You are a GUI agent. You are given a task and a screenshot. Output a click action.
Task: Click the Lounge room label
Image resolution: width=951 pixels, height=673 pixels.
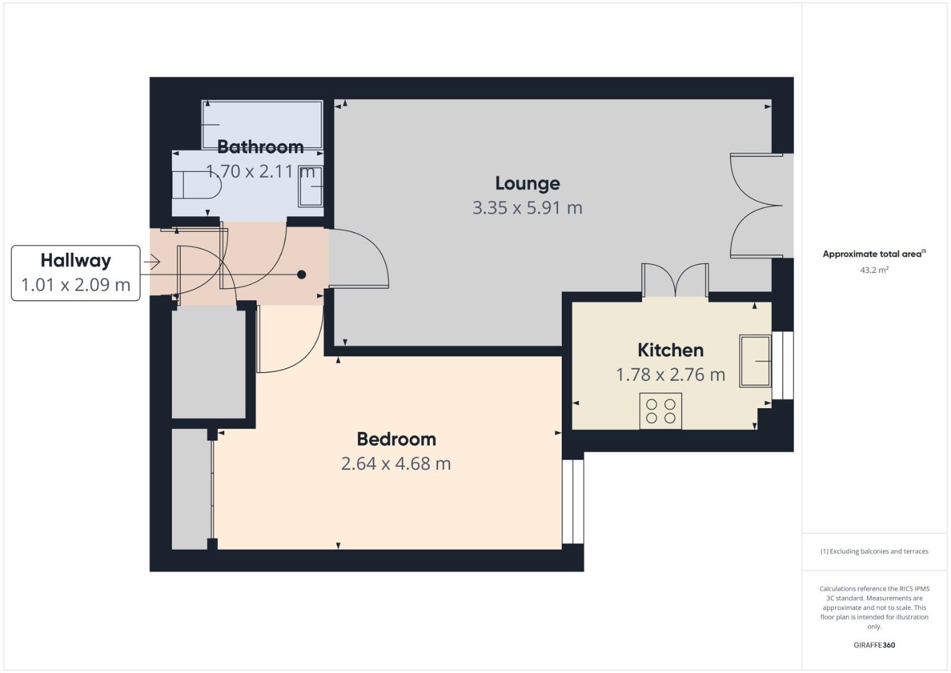click(528, 183)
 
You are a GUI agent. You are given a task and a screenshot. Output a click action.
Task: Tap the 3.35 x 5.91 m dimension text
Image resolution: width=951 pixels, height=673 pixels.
click(528, 208)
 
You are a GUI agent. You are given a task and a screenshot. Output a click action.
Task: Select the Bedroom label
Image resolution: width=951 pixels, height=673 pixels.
click(396, 439)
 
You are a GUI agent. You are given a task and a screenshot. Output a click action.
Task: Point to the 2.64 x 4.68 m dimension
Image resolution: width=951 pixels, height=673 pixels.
click(396, 464)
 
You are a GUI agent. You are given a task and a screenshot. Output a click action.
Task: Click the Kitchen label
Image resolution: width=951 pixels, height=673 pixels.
click(670, 350)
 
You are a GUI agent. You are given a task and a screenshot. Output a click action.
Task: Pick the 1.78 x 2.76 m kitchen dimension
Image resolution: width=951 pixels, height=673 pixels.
click(670, 375)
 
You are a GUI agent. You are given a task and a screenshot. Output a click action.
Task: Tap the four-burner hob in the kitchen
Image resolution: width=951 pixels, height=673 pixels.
click(661, 411)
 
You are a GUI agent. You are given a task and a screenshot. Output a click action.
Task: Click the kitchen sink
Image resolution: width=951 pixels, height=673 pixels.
click(755, 361)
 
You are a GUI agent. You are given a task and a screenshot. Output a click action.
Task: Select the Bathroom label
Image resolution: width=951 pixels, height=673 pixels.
click(260, 147)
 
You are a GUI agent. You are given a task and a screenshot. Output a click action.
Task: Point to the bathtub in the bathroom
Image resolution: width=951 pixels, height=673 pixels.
click(262, 125)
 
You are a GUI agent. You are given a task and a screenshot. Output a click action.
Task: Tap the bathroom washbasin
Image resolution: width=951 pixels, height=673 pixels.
click(311, 186)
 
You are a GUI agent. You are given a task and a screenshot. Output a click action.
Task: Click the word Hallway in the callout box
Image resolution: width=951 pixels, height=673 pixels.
click(76, 260)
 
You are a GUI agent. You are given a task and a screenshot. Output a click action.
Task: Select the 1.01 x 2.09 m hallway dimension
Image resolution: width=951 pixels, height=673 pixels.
click(76, 285)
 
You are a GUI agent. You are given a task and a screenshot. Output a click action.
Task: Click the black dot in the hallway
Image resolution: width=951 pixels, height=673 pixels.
click(301, 274)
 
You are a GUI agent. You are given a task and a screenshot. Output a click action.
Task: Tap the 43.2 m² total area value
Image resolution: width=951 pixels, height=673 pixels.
click(874, 270)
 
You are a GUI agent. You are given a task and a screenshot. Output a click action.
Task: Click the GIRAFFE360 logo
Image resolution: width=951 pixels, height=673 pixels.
click(874, 645)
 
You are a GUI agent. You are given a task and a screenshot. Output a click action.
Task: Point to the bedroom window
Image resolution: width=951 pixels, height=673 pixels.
click(573, 502)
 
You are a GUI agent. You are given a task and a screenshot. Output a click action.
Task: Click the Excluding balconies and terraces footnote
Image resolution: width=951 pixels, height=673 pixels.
click(874, 551)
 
